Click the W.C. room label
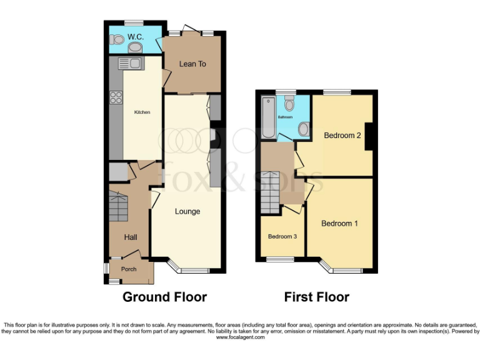136,37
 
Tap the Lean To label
192,64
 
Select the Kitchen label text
142,112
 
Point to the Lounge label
187,211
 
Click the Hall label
131,237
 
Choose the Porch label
129,269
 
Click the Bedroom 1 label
339,223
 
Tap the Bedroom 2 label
342,136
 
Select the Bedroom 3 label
282,237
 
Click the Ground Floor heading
164,297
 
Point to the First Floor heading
317,297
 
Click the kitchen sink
130,63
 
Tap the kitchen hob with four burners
116,97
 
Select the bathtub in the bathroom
269,118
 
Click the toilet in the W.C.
114,39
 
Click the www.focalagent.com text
241,337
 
